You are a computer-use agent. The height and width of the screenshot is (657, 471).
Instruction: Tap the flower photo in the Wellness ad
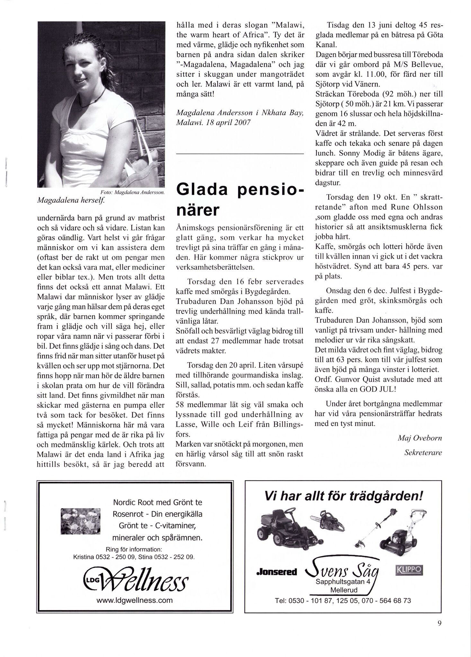click(x=80, y=521)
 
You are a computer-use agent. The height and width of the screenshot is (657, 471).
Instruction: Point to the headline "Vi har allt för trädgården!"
click(x=343, y=496)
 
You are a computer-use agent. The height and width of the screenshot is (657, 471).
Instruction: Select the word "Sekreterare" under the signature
click(x=423, y=453)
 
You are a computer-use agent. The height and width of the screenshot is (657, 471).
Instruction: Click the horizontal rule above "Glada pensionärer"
click(x=240, y=154)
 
